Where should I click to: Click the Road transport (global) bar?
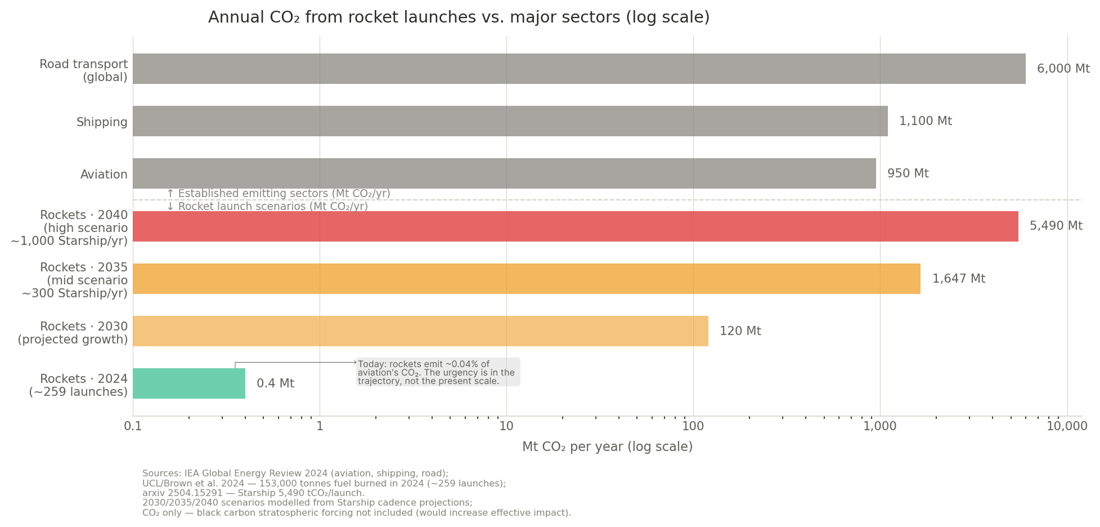pos(578,69)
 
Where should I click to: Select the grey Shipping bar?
pos(510,121)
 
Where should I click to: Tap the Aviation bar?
pos(504,173)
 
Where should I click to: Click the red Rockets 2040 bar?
pos(575,226)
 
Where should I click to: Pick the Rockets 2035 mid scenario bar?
pos(526,279)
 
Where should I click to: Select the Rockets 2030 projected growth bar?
pos(420,331)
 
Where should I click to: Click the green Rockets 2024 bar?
pos(189,383)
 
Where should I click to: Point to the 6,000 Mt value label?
pos(1063,69)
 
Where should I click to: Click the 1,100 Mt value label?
pos(925,121)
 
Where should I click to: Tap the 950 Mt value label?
pos(908,173)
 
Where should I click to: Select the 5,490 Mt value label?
pos(1056,226)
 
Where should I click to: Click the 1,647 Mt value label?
pos(958,279)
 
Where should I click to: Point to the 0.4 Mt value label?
pos(275,383)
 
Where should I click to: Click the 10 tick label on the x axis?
pos(506,426)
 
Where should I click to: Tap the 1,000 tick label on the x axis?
pos(879,426)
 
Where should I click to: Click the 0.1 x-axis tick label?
pos(133,426)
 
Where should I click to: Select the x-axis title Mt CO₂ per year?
pos(607,447)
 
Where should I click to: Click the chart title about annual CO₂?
pos(459,17)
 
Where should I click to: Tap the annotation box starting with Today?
pos(438,372)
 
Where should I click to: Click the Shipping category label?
pos(102,122)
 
